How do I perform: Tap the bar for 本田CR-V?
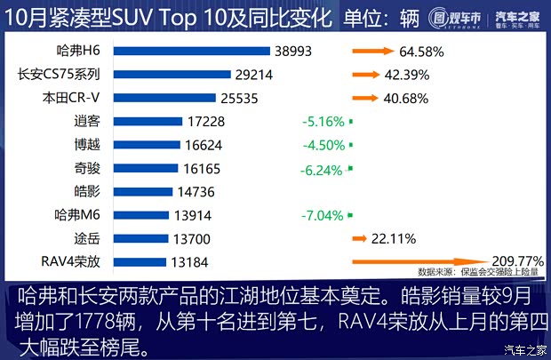click(155, 99)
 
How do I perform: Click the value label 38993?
click(294, 52)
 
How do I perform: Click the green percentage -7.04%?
click(322, 214)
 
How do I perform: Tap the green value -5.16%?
click(322, 122)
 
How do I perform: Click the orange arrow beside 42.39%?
click(367, 76)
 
